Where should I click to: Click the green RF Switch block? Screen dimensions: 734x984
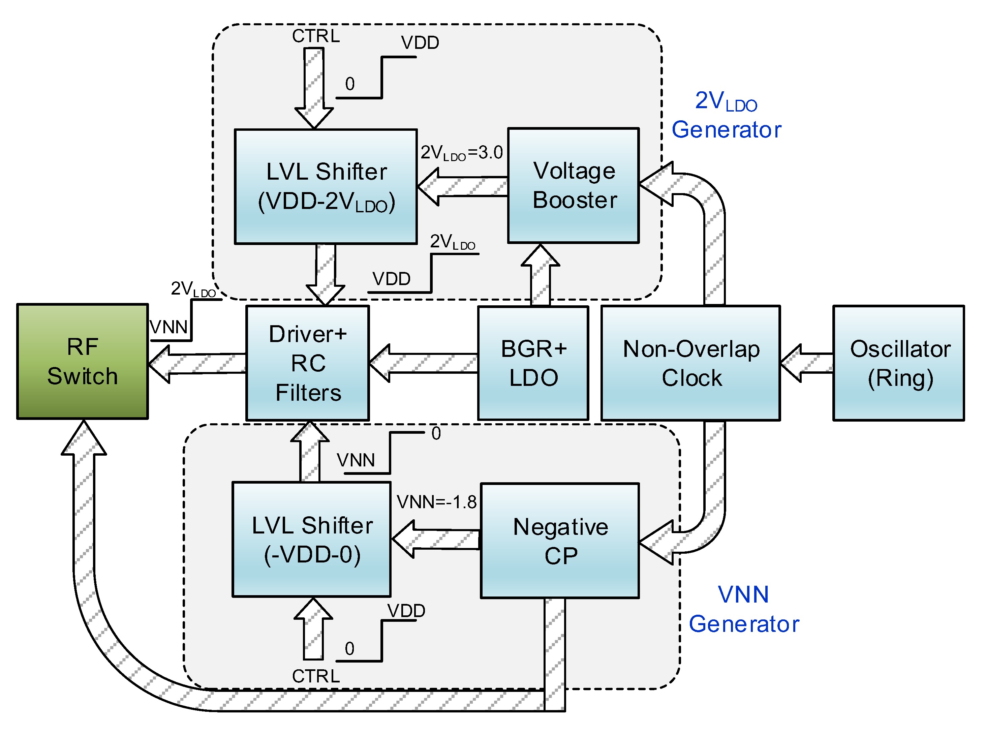tap(82, 361)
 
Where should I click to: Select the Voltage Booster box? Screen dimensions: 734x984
tap(573, 185)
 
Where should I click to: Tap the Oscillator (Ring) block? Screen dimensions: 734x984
tap(898, 363)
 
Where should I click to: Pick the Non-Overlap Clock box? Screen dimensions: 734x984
tap(690, 363)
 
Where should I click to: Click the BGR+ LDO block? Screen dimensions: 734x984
tap(533, 363)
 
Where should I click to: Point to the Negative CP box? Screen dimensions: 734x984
tap(560, 540)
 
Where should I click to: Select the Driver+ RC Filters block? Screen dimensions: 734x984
tap(307, 363)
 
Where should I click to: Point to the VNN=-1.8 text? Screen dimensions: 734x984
tap(436, 502)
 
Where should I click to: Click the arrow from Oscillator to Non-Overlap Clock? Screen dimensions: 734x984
tap(806, 363)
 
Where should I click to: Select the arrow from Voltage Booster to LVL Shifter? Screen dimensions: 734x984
tap(462, 187)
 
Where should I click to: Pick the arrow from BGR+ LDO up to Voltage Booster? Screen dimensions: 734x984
tap(540, 275)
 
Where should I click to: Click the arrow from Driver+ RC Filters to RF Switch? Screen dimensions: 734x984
tap(197, 363)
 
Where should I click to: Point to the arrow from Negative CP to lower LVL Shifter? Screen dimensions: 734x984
tap(435, 540)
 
